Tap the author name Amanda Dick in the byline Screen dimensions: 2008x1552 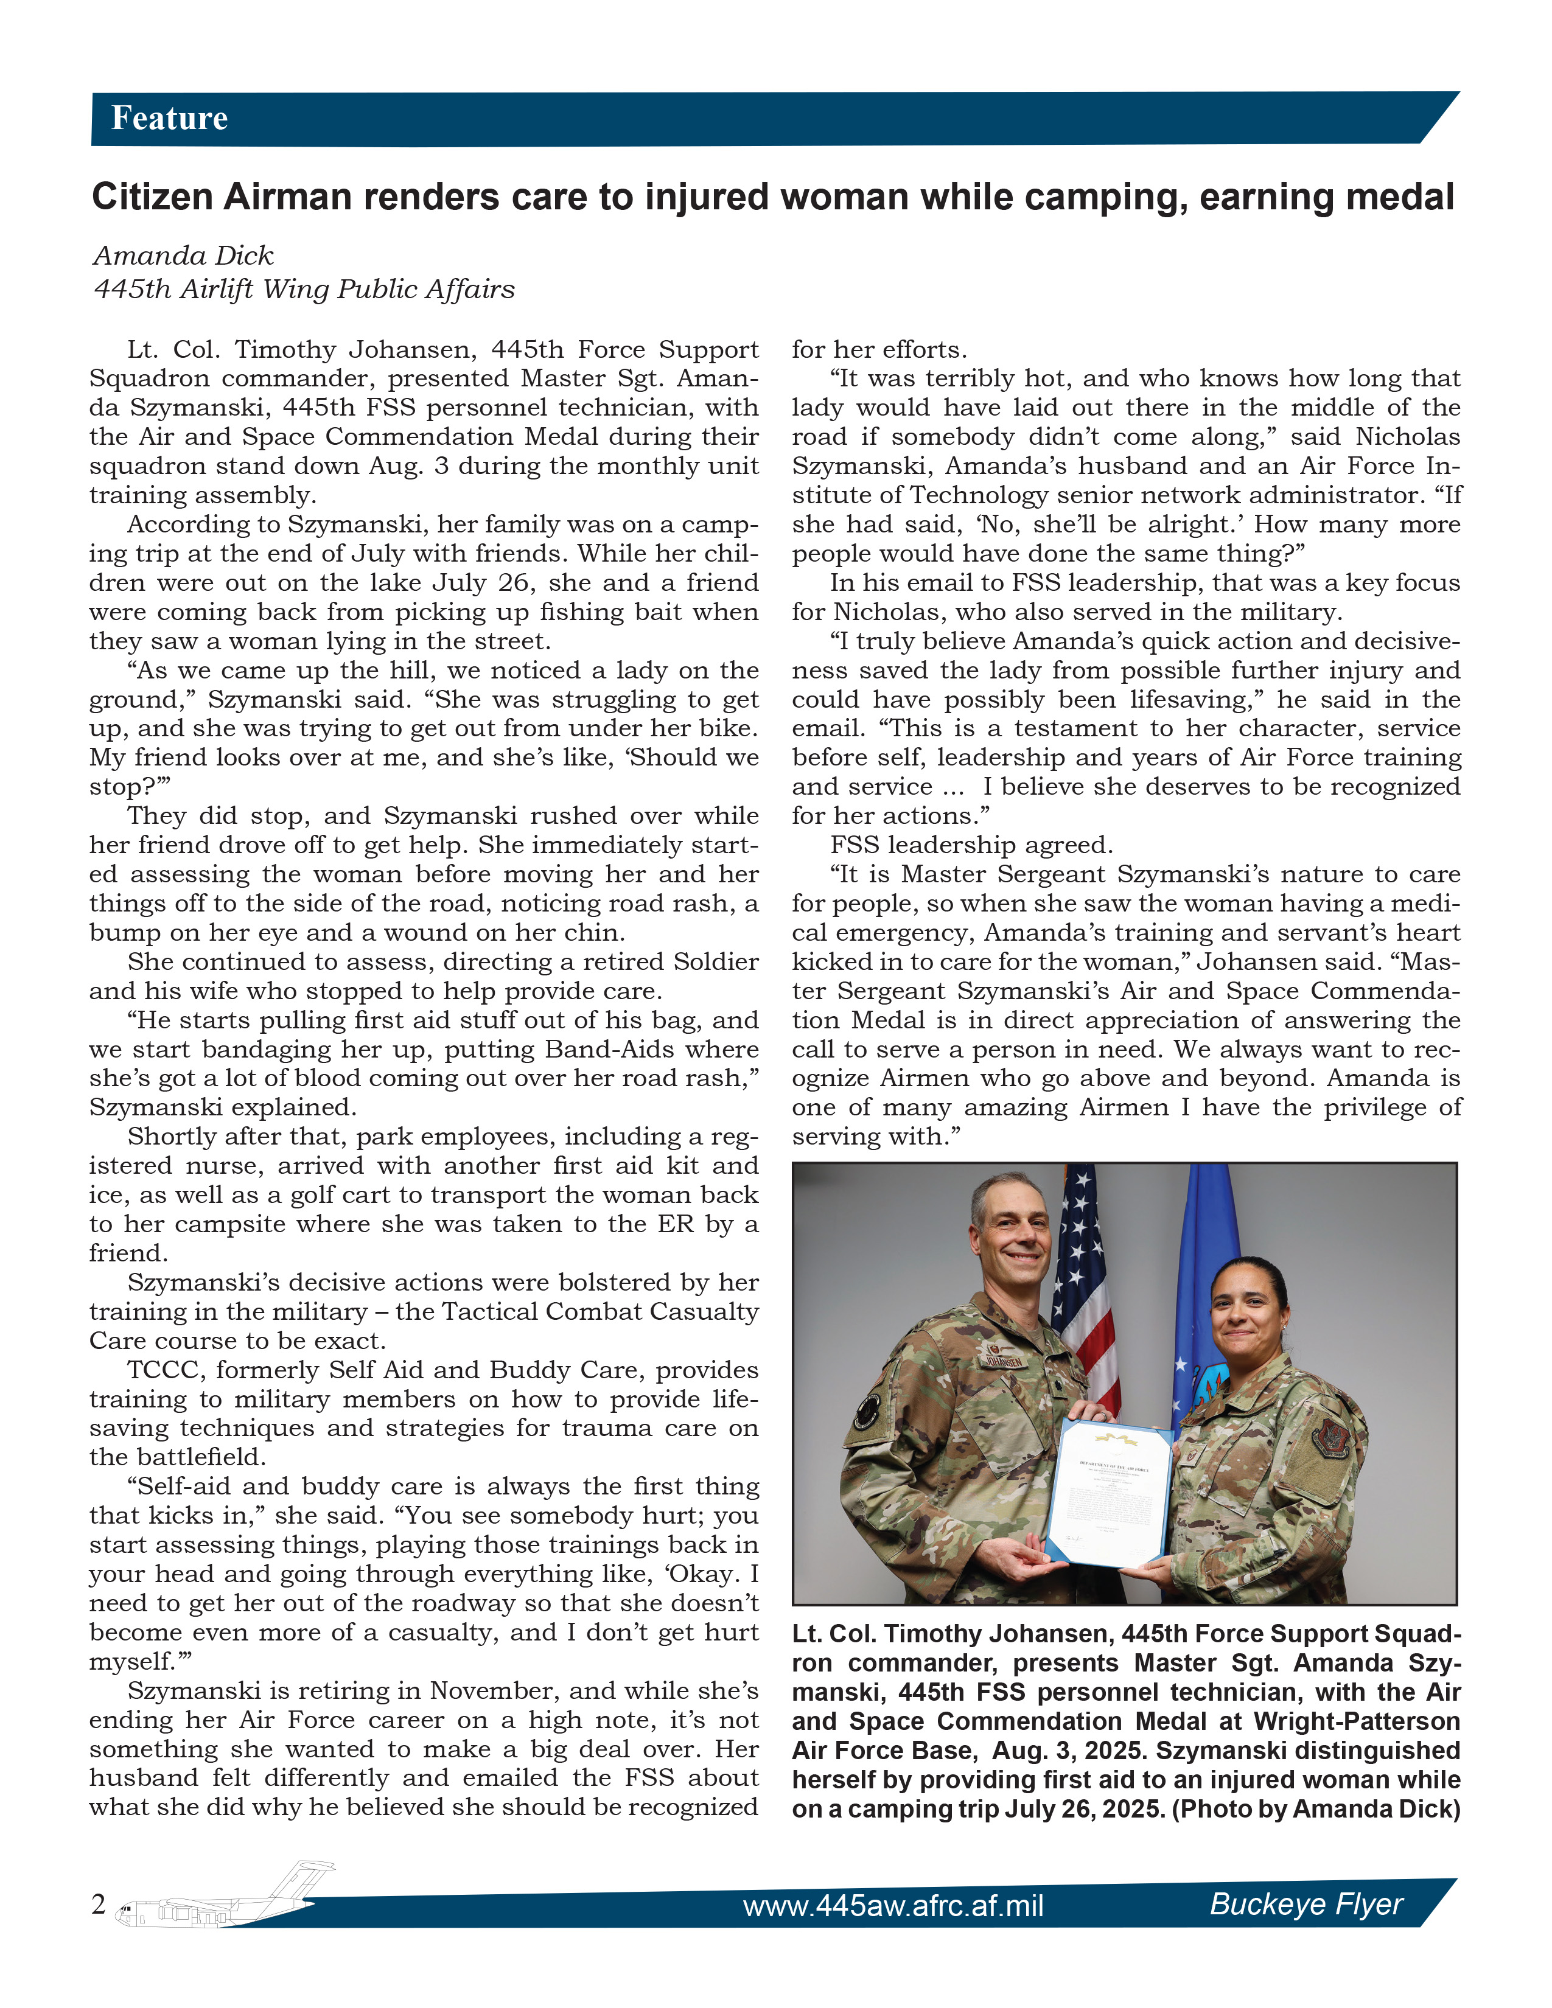(x=183, y=256)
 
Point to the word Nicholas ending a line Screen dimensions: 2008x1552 (x=1407, y=437)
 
